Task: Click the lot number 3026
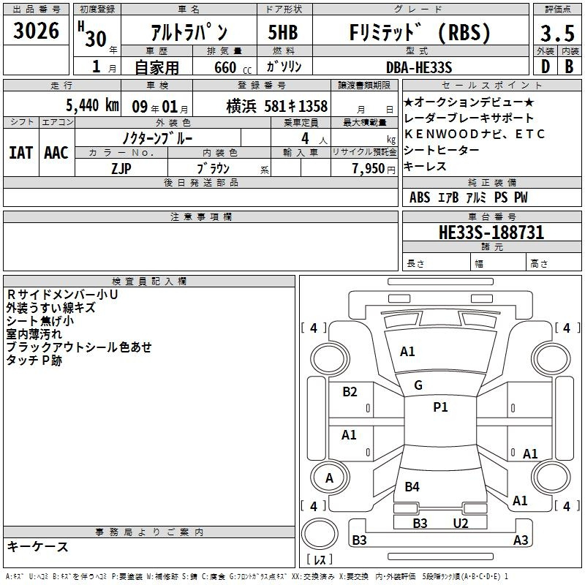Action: pos(36,31)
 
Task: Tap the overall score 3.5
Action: pos(557,34)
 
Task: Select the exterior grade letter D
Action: pos(546,67)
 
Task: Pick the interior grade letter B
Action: pos(569,67)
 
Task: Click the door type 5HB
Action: pos(283,32)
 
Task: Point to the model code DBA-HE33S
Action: pos(419,67)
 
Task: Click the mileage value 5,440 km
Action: pos(92,105)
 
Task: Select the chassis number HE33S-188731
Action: pos(491,233)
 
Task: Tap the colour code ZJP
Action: pos(121,169)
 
